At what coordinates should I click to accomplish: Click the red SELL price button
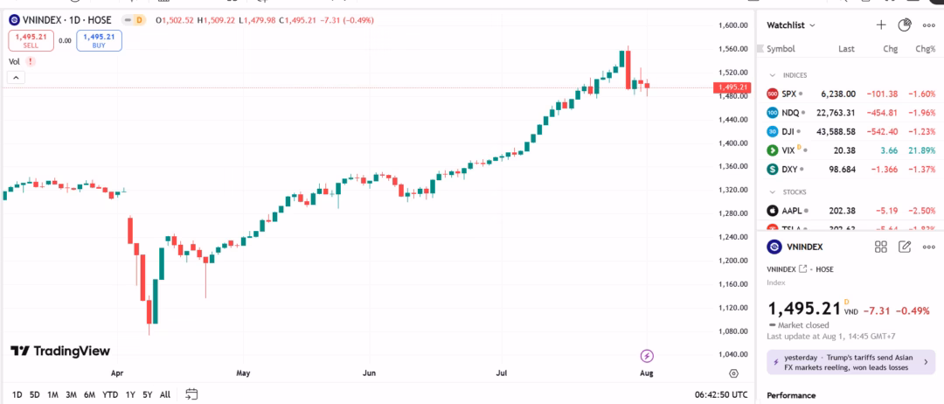tap(31, 39)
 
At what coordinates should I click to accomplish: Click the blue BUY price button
tap(98, 39)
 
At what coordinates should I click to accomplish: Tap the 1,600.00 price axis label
tap(732, 25)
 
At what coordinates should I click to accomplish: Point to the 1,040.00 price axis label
tap(732, 354)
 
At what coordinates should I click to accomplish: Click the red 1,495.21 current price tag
tap(732, 87)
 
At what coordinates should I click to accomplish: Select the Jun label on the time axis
tap(369, 373)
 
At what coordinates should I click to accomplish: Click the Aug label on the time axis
tap(646, 373)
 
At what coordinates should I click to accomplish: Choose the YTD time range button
tap(110, 394)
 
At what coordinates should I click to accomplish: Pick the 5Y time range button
tap(147, 394)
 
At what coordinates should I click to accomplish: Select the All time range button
tap(165, 394)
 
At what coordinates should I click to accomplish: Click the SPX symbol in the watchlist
tap(788, 94)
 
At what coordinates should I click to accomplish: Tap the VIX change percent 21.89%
tap(921, 150)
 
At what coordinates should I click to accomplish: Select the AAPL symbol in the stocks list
tap(792, 211)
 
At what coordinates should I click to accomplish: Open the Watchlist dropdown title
tap(791, 25)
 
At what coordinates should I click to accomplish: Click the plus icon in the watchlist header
tap(881, 25)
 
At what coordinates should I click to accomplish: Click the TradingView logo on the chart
tap(60, 351)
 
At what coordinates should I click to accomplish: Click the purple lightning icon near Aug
tap(647, 355)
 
